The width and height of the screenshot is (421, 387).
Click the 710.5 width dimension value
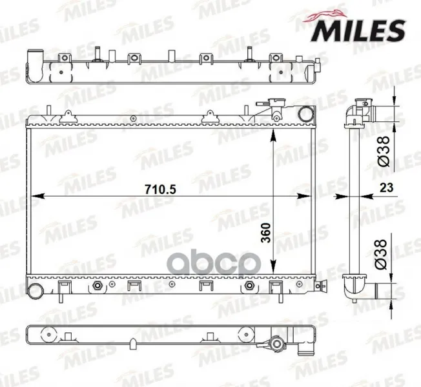click(x=160, y=190)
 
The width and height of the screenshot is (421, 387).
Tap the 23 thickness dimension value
click(x=386, y=188)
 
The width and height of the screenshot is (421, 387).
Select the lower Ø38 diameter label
click(x=381, y=254)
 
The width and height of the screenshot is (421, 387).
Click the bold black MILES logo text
click(x=358, y=30)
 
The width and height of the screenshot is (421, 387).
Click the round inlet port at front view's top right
click(x=306, y=114)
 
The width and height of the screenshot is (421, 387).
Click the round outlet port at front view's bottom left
click(x=36, y=291)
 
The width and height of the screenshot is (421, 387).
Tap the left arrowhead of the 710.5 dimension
click(x=37, y=196)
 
